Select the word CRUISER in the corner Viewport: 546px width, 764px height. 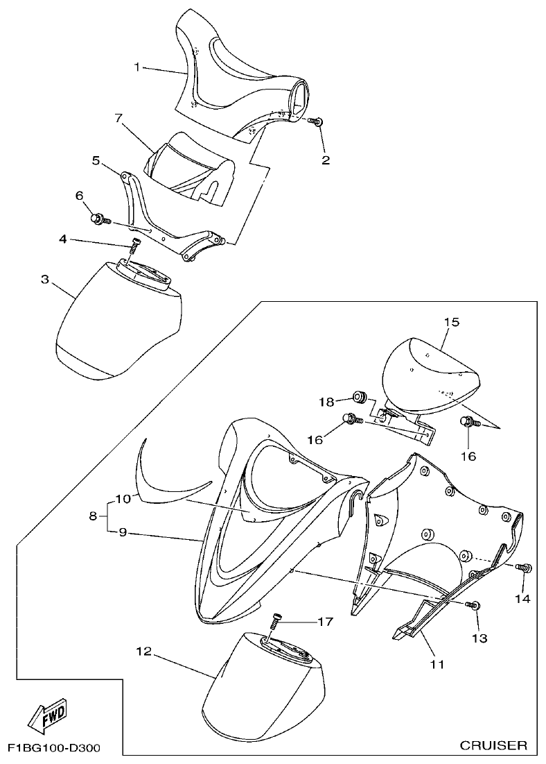point(493,746)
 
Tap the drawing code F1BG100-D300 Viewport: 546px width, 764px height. point(54,749)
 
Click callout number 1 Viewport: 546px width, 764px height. point(137,67)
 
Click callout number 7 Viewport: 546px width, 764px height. point(118,118)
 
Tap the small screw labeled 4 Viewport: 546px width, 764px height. point(136,244)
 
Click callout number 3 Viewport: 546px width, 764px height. point(44,279)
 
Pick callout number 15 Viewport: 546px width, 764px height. point(452,323)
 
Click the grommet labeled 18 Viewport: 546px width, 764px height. point(359,398)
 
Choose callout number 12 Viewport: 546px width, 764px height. point(143,652)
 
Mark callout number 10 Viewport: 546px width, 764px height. point(123,498)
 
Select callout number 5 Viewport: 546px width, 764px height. point(96,160)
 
